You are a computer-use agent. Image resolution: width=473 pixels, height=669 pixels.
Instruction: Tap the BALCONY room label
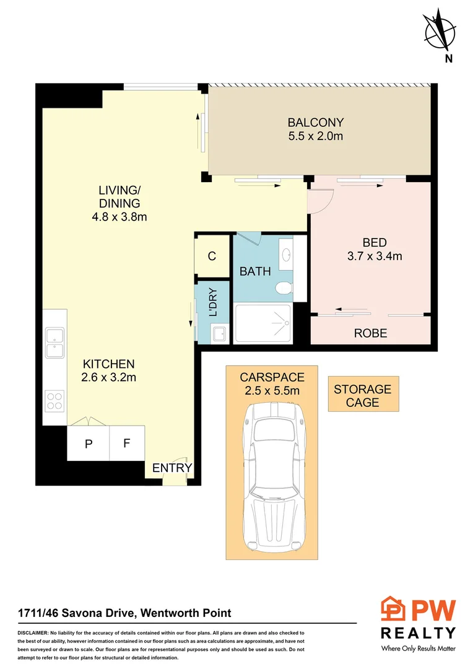click(315, 123)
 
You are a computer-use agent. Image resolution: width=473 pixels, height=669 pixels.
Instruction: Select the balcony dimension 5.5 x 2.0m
click(315, 136)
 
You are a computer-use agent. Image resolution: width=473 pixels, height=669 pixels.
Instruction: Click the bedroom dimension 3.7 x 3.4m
click(374, 255)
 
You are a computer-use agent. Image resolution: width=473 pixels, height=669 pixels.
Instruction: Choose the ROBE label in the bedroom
click(370, 333)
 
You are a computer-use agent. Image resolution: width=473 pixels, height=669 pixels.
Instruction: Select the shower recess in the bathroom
click(263, 323)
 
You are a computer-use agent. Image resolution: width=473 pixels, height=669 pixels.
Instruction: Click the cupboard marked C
click(212, 256)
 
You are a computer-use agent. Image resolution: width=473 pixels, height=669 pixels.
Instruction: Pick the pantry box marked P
click(89, 444)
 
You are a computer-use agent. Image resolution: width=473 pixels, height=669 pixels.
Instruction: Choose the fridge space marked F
click(127, 444)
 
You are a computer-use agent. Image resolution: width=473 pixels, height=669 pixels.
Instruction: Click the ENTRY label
click(172, 468)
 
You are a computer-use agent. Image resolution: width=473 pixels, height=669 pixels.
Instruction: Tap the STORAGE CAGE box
click(363, 395)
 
